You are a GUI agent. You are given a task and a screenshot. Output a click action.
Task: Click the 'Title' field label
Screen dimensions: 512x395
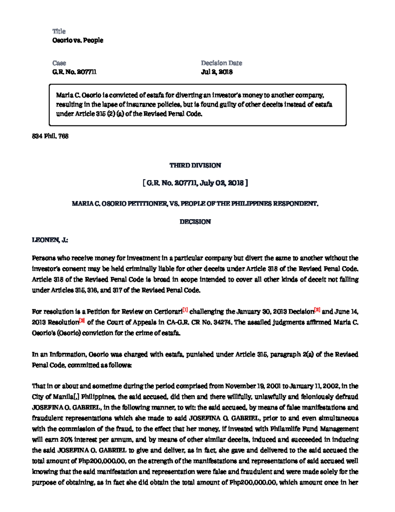click(59, 31)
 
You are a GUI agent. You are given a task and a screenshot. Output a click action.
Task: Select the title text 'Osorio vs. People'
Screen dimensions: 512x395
click(78, 40)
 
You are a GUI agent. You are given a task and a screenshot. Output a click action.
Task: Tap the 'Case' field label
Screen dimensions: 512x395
click(59, 63)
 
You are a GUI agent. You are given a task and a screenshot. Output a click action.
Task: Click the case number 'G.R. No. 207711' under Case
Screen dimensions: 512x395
click(74, 72)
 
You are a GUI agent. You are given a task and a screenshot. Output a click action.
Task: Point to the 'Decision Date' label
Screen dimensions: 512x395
click(222, 63)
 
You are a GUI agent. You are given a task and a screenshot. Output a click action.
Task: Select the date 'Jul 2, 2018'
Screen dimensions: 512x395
click(217, 72)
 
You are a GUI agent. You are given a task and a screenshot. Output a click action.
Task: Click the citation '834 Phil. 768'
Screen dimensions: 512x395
click(50, 136)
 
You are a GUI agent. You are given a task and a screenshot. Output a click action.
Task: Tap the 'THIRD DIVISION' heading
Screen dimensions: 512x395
click(195, 166)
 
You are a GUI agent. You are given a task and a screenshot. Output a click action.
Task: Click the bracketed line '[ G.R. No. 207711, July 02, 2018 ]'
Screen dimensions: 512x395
click(195, 183)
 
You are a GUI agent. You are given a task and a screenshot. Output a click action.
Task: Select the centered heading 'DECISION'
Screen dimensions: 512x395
click(195, 222)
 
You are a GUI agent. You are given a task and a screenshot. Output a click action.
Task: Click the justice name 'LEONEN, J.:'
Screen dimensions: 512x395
click(50, 240)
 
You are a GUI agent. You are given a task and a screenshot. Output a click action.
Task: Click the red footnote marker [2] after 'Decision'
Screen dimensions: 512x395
click(317, 310)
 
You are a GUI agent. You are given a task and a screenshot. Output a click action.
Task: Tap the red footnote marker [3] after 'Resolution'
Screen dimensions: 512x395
click(82, 320)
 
